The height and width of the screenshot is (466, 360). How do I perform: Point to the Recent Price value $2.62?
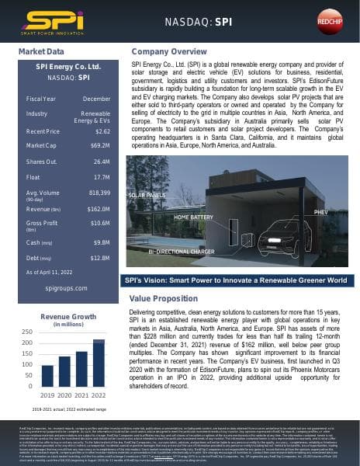point(100,131)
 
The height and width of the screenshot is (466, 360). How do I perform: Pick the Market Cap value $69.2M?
point(100,145)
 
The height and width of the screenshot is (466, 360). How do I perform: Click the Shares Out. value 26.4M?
point(100,162)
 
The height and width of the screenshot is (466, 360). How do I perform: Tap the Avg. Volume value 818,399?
point(99,192)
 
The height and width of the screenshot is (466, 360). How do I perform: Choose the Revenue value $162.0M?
point(99,209)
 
